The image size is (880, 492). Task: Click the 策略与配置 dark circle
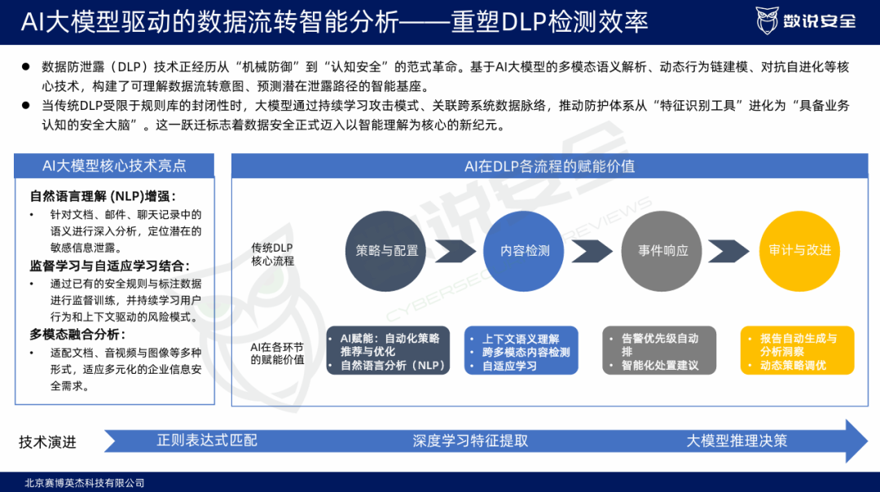(387, 251)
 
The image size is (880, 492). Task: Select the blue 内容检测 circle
(525, 251)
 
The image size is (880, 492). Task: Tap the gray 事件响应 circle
(662, 251)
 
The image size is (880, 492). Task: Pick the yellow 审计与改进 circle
(799, 250)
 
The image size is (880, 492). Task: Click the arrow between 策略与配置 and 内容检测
(455, 251)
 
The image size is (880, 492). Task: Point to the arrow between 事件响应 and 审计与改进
(730, 251)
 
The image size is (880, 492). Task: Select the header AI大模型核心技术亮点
(114, 166)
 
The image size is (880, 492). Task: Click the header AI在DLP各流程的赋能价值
(549, 166)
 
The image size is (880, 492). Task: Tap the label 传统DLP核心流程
(272, 254)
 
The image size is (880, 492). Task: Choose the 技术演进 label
(47, 441)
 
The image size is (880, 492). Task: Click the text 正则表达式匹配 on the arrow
(207, 441)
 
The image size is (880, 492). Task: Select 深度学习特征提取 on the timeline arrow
(470, 441)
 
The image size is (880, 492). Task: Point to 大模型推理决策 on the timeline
(737, 441)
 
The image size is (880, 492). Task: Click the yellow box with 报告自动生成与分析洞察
(798, 351)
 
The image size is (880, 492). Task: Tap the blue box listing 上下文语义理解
(521, 351)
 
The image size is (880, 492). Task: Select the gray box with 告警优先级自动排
(660, 351)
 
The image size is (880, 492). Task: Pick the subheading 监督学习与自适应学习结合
(110, 266)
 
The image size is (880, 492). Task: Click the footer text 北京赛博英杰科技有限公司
(85, 483)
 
